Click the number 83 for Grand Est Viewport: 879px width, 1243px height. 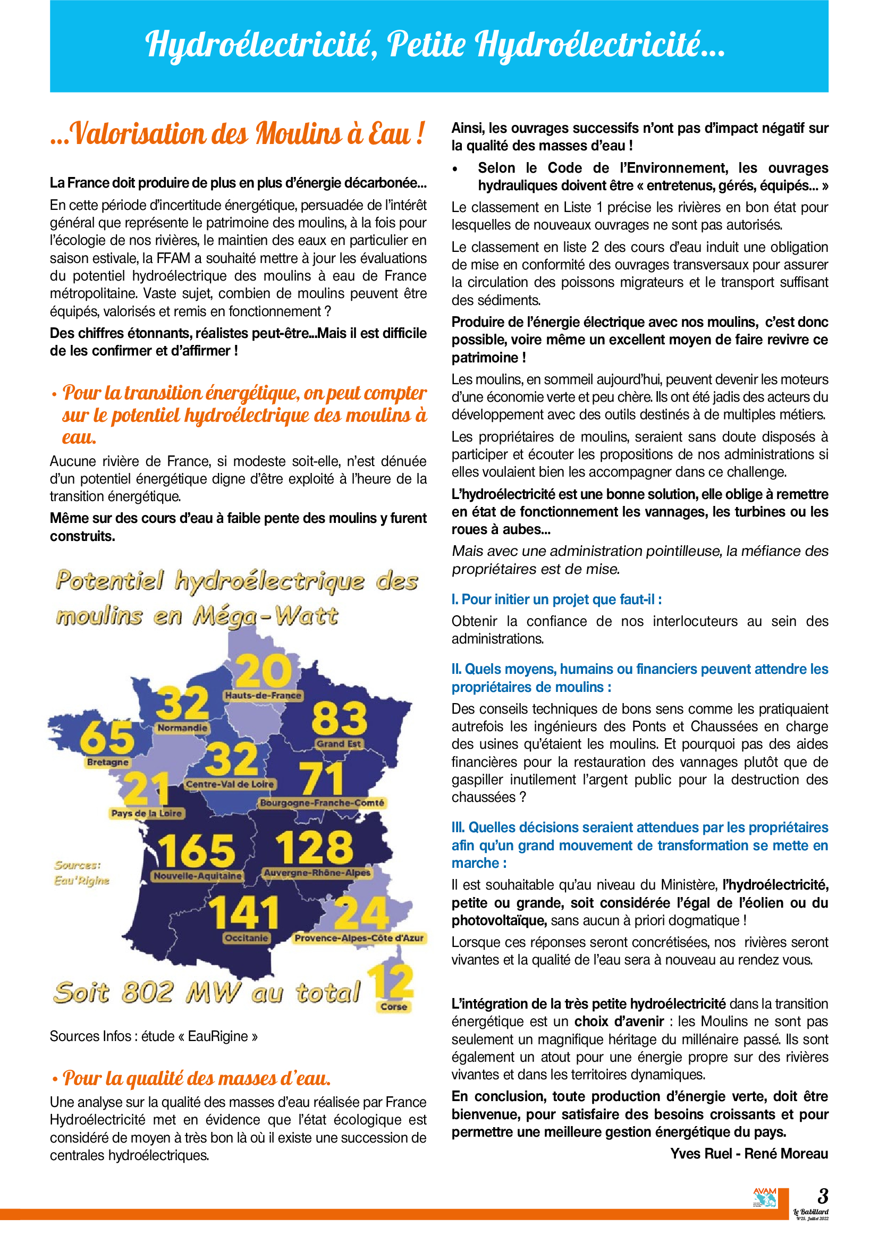coord(340,718)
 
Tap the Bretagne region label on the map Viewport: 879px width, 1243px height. coord(108,762)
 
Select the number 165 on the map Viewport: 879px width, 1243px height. coord(196,850)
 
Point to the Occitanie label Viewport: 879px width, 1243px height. coord(246,937)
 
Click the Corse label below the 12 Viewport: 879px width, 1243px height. coord(393,1007)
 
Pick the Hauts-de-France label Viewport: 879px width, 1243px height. coord(263,695)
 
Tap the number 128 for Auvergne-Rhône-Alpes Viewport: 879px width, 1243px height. coord(314,847)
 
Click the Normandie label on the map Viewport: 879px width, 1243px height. coord(182,728)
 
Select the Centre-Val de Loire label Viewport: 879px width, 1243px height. coord(230,784)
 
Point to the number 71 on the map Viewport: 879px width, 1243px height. coord(322,779)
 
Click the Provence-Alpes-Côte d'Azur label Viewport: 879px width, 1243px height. coord(359,937)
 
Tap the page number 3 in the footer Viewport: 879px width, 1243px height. coord(823,1195)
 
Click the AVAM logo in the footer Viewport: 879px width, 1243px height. coord(765,1197)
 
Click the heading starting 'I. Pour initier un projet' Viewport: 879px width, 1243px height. coord(556,599)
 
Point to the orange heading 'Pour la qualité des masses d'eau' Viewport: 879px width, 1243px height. coord(197,1078)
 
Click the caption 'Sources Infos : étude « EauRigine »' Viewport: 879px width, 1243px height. coord(154,1036)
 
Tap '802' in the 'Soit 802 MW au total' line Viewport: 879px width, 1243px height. coord(147,992)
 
